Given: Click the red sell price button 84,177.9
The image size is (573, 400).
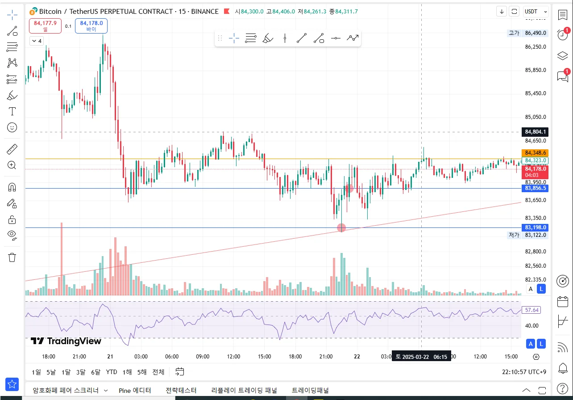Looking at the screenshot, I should click(x=45, y=26).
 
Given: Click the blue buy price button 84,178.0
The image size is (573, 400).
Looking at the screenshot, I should click(x=91, y=26).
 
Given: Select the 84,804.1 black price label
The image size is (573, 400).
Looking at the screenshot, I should click(x=536, y=132).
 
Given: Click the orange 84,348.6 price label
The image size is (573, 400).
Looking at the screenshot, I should click(x=536, y=152).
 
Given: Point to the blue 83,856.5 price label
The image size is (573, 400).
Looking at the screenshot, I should click(x=536, y=188).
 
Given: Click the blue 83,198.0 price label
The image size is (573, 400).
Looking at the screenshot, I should click(x=536, y=227).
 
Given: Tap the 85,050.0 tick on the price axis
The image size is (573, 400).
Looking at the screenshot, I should click(x=536, y=117).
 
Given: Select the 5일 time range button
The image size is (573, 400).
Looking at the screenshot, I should click(x=51, y=372).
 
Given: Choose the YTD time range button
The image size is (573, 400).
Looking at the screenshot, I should click(x=112, y=372).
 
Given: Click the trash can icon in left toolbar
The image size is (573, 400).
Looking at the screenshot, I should click(x=12, y=257).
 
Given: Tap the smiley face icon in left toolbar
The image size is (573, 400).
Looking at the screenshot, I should click(x=12, y=127).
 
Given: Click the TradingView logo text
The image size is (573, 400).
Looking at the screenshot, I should click(x=66, y=341).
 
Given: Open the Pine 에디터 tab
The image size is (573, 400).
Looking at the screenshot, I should click(x=135, y=390).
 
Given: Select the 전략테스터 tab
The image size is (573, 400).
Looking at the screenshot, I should click(x=181, y=390).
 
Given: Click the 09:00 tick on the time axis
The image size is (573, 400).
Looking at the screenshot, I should click(x=203, y=357).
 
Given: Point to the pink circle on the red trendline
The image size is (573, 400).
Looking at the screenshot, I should click(x=341, y=228).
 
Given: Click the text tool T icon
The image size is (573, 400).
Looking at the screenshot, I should click(x=12, y=111).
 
